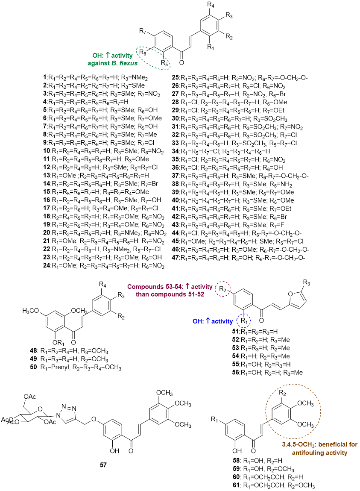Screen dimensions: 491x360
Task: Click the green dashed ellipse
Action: pos(153,58)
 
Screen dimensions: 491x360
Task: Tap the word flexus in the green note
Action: pos(129,63)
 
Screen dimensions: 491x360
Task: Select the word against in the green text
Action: pos(98,63)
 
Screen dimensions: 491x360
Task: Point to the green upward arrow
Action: pos(108,55)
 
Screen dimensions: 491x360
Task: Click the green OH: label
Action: pos(98,56)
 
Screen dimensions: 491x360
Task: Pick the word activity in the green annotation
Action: pos(122,56)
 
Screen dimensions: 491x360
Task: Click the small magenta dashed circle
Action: pos(222,289)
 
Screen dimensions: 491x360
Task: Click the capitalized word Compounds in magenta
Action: pos(146,287)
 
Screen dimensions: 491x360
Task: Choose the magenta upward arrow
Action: pos(187,286)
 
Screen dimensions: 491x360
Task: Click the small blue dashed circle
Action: pos(243,321)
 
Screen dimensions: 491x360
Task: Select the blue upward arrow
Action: pos(208,321)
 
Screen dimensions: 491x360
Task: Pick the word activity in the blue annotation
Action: pos(222,321)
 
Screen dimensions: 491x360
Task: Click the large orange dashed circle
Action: pos(293,411)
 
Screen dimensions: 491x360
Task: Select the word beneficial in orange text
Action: pos(334,444)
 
